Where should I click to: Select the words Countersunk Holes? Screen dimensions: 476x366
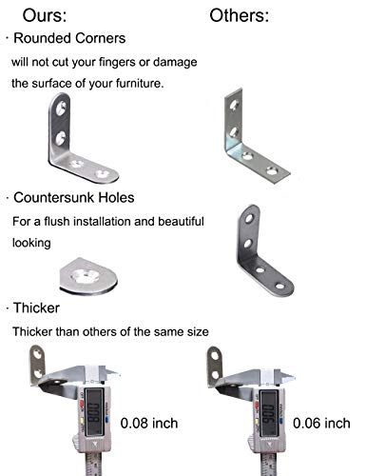point(73,199)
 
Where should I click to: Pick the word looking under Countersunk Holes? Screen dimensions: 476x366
point(30,243)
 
